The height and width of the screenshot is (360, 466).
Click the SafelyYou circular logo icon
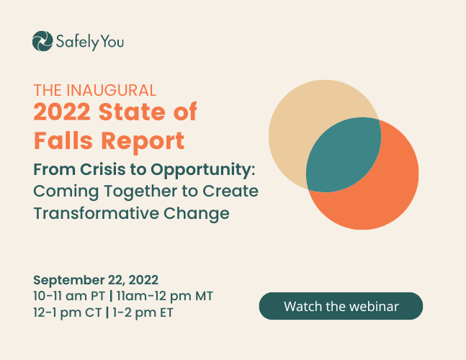coord(42,41)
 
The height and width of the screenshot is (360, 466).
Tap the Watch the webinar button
coord(341,306)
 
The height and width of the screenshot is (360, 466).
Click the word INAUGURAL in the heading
coord(111,90)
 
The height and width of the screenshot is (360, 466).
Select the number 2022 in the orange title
coord(62,112)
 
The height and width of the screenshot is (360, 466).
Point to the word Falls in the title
coord(63,140)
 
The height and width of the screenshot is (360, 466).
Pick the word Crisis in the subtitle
coord(102,169)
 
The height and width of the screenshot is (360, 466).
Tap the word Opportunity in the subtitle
coord(202,170)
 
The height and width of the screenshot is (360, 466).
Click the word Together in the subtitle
coord(140,192)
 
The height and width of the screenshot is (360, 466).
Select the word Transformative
coord(96,213)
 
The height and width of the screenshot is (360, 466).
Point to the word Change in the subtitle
coord(197,214)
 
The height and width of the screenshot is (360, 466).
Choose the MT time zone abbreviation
coord(204,296)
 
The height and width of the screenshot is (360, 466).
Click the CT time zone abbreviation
coord(94,312)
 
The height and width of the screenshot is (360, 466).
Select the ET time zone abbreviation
coord(166,312)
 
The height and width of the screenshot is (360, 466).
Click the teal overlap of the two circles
coord(344,155)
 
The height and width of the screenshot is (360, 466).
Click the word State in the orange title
coord(133,112)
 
